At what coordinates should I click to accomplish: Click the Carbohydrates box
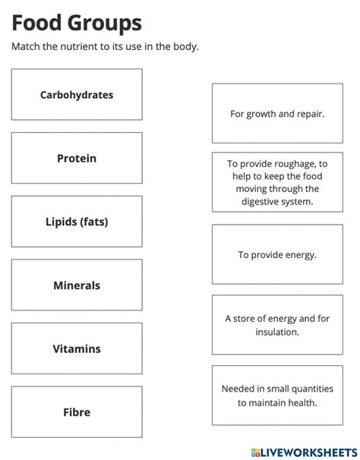pos(77,95)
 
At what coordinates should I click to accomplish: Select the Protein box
pos(77,159)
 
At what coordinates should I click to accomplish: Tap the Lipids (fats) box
pos(77,222)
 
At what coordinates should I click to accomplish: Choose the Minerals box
pos(77,285)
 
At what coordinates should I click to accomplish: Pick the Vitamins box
pos(77,349)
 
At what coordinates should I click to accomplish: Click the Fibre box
pos(77,412)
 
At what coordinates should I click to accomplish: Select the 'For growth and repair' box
pos(277,114)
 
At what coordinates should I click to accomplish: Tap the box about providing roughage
pos(277,182)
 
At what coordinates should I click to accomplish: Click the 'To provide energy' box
pos(277,255)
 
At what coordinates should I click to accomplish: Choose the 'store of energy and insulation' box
pos(277,325)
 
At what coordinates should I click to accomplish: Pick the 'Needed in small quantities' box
pos(277,395)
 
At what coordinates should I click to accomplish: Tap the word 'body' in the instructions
pos(185,47)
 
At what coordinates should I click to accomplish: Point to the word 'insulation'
pos(277,332)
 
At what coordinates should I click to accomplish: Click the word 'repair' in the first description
pos(309,114)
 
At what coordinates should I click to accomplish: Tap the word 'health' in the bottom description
pos(298,402)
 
